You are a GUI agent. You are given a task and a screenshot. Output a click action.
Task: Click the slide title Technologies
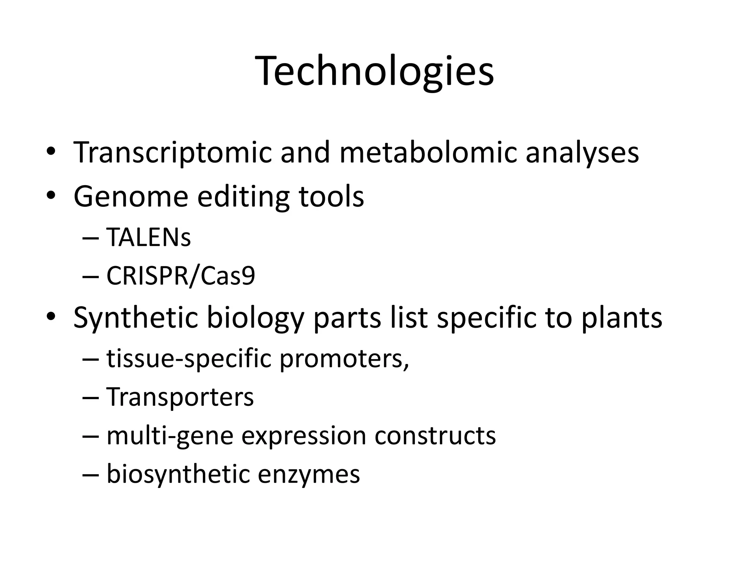(375, 71)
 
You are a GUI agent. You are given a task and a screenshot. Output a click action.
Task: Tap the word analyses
(582, 152)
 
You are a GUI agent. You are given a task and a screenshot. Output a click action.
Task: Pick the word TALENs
(148, 237)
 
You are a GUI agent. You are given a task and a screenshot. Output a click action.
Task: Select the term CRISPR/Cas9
(181, 276)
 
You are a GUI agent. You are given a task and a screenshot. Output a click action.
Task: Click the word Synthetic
(135, 317)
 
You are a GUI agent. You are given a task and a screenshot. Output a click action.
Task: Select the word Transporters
(180, 397)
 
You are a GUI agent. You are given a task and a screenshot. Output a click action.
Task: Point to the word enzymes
(309, 474)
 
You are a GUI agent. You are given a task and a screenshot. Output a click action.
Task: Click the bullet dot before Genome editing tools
(51, 196)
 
